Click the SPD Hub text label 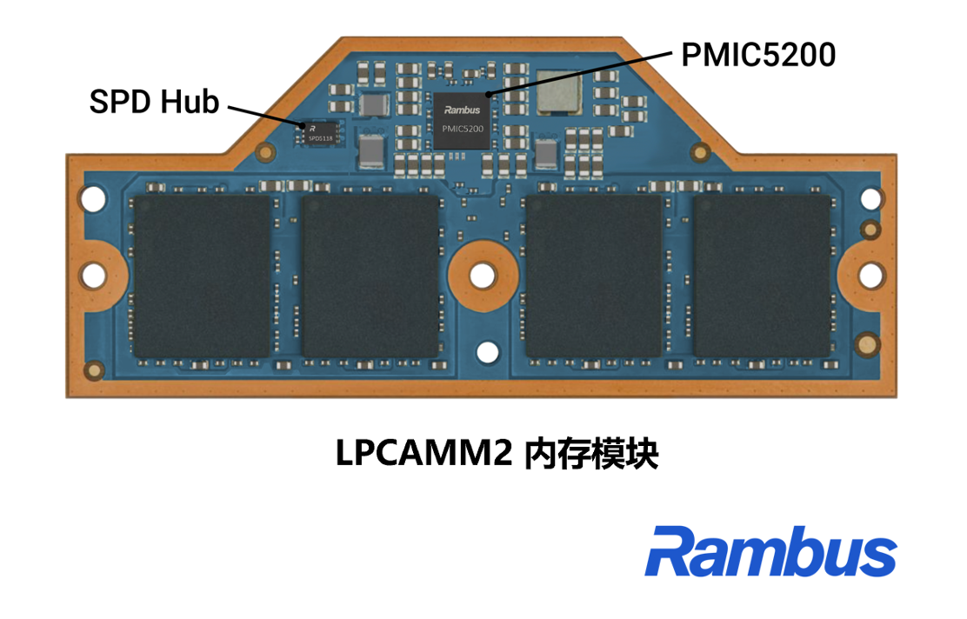point(154,102)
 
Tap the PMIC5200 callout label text point(758,55)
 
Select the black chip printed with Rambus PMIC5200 point(462,121)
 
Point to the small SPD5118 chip point(321,133)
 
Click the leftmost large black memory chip point(203,276)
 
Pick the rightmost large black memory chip point(763,276)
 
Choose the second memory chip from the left point(370,276)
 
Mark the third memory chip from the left point(593,276)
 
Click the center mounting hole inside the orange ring point(483,276)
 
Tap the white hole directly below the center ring point(488,353)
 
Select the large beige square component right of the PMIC point(559,92)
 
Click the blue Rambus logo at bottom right point(770,551)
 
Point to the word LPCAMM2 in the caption point(423,453)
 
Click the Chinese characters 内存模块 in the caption point(591,454)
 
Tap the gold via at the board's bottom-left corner point(94,369)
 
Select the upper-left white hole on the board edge point(93,199)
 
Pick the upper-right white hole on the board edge point(870,199)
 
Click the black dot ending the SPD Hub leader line point(303,125)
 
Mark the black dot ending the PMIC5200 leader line point(489,95)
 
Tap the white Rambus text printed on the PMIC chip point(462,110)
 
